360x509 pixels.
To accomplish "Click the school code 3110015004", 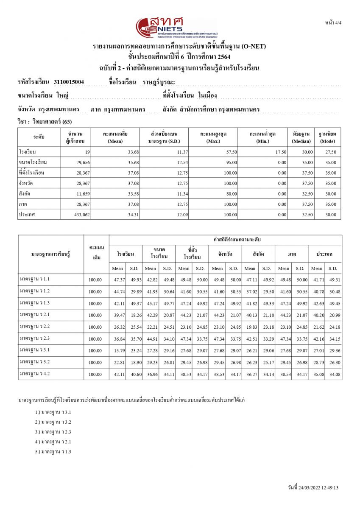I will [69, 82].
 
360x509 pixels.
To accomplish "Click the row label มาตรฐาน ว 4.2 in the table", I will [35, 374].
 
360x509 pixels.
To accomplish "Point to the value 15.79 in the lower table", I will [117, 351].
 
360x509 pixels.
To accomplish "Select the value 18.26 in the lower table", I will [134, 315].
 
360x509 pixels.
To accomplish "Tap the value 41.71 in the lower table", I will [316, 280].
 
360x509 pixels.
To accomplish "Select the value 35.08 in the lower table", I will [316, 375].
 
